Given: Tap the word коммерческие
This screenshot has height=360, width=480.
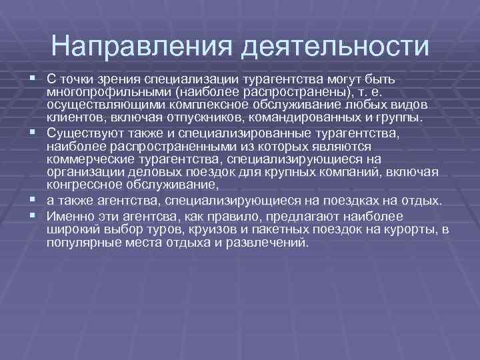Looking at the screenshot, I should [x=85, y=159].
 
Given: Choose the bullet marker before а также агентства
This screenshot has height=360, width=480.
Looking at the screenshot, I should [x=32, y=201].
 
